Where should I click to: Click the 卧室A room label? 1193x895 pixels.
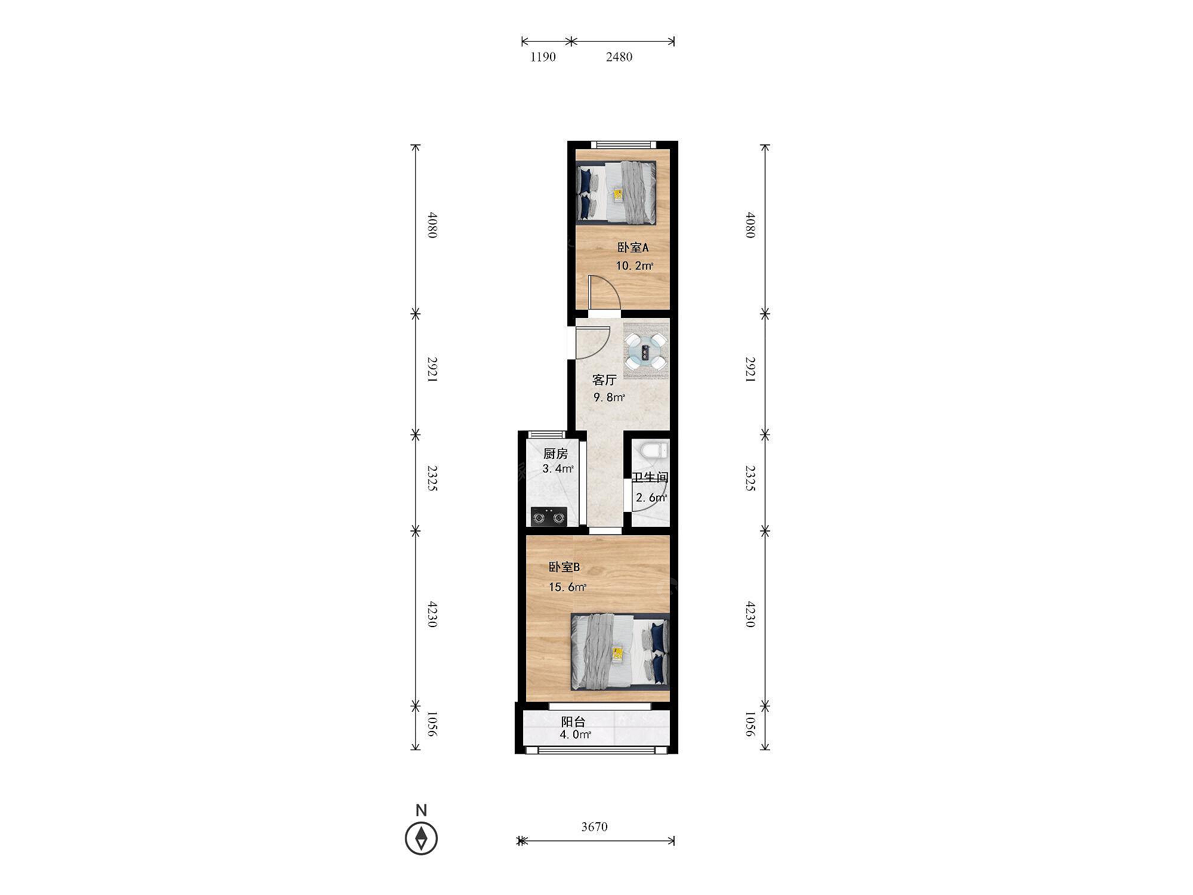tap(632, 248)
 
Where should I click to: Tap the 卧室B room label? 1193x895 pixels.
tap(564, 567)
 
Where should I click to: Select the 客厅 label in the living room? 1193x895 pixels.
tap(604, 380)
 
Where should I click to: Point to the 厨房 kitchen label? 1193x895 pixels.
tap(555, 454)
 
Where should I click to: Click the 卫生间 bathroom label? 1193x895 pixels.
tap(650, 477)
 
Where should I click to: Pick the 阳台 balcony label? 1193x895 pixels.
tap(573, 722)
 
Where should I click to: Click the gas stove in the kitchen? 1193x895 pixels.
tap(549, 517)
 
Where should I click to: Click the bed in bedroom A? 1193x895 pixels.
tap(617, 193)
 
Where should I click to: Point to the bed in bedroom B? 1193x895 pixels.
tap(620, 652)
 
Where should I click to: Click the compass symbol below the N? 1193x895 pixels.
tap(421, 838)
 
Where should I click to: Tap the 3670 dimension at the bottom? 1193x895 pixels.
tap(594, 827)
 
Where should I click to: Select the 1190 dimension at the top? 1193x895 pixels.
tap(543, 57)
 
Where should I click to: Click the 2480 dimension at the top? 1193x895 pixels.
tap(619, 57)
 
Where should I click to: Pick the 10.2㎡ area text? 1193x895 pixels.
tap(634, 266)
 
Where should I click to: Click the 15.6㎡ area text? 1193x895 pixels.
tap(567, 587)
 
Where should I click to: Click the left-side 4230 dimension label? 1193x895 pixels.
tap(432, 615)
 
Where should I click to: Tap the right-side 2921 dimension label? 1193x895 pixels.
tap(750, 370)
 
